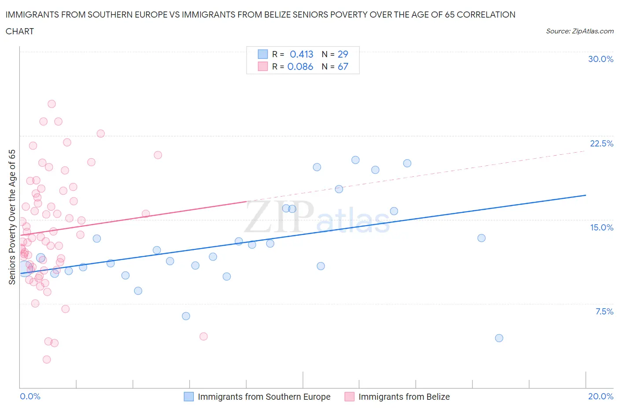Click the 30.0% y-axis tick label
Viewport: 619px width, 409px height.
tap(601, 59)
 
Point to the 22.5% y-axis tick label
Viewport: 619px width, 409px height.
tap(601, 143)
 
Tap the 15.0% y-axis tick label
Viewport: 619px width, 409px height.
tap(601, 227)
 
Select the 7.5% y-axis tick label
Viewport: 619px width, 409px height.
tap(604, 311)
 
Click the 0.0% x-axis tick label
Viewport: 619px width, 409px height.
tap(30, 396)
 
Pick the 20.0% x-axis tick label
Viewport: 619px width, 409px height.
tap(601, 396)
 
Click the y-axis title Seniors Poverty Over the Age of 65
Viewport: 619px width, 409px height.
tap(12, 217)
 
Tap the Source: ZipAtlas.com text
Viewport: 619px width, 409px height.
tap(579, 31)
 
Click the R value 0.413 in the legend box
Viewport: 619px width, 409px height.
tap(301, 54)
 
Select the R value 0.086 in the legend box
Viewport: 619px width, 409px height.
tap(300, 66)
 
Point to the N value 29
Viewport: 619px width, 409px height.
tap(343, 54)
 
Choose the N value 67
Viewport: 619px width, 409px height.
tap(343, 66)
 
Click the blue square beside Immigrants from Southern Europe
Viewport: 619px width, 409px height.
tap(188, 397)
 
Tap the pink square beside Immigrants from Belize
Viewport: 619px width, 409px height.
tap(350, 397)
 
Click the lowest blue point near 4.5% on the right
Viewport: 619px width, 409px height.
tap(499, 338)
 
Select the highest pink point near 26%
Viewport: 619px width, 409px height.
tap(52, 104)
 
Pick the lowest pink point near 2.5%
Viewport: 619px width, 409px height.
tap(47, 359)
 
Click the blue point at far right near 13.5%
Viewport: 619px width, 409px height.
tap(481, 238)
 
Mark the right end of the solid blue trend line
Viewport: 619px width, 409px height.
tap(586, 195)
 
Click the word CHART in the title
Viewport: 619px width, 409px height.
tap(20, 31)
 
